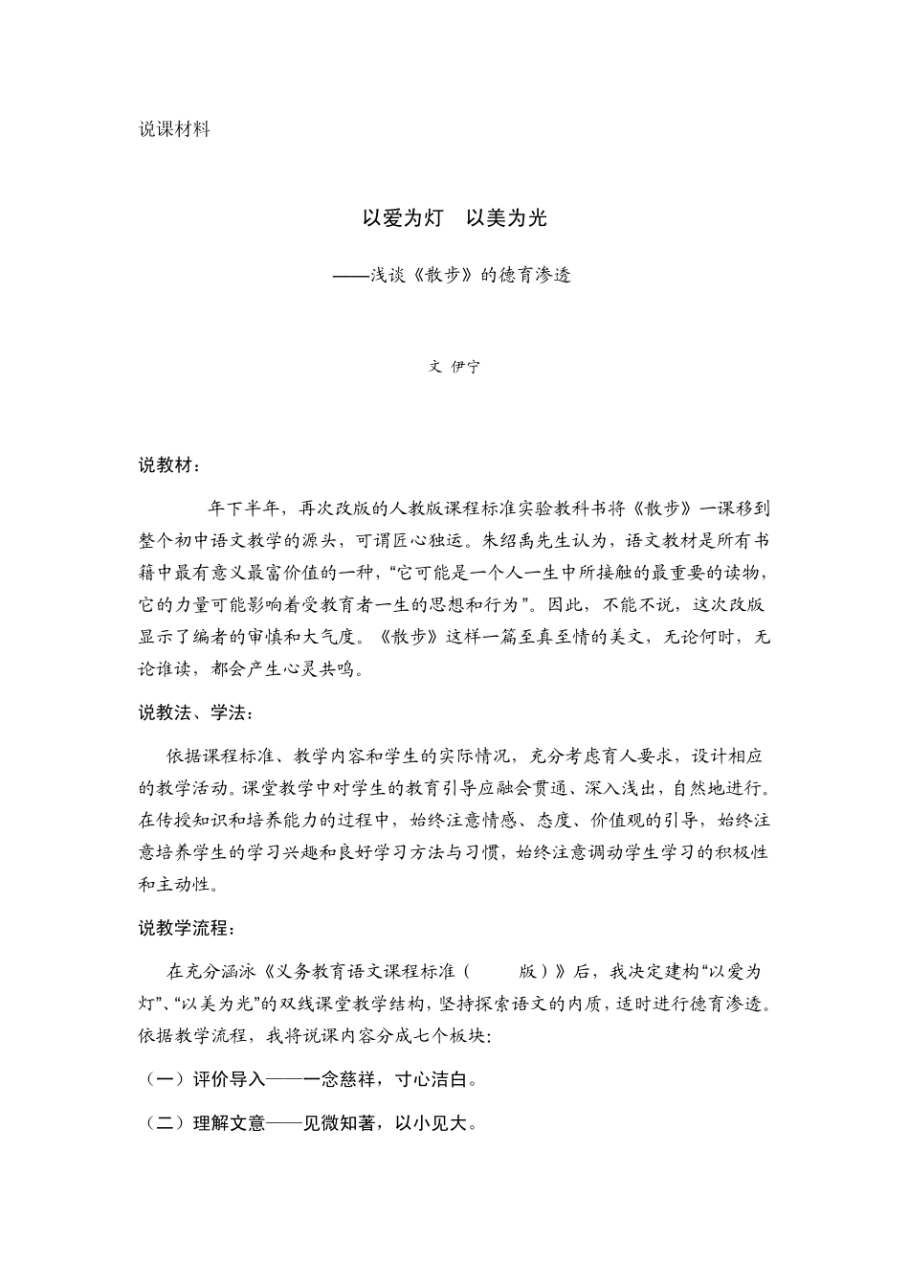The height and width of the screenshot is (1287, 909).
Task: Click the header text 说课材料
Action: point(174,129)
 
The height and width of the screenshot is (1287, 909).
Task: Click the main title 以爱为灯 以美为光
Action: point(454,218)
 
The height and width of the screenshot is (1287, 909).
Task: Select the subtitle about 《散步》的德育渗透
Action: point(454,276)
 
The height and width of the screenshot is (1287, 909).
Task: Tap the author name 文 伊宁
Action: point(454,367)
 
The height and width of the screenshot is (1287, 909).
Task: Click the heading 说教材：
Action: point(170,466)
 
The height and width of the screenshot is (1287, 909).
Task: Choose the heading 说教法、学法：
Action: point(196,713)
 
